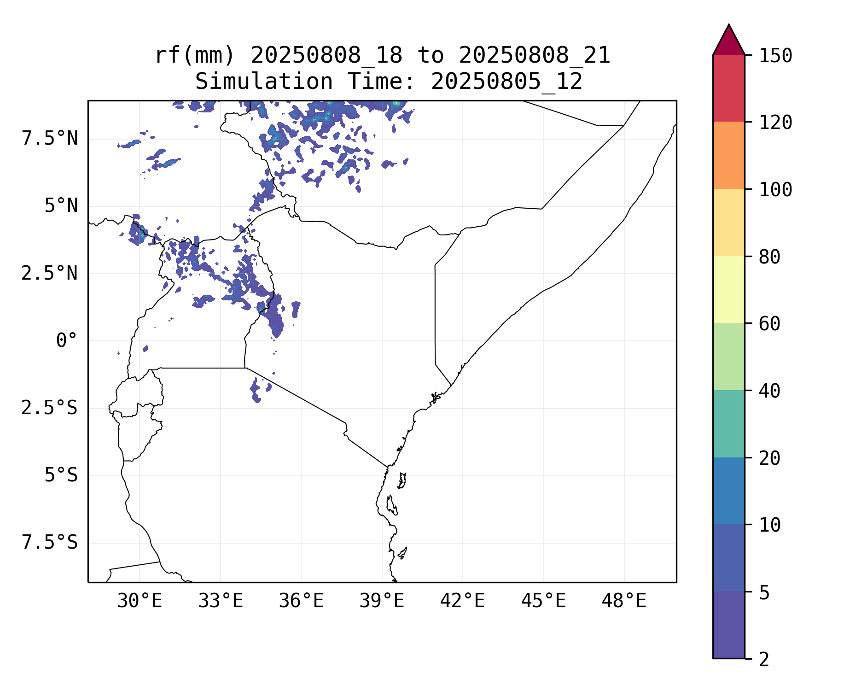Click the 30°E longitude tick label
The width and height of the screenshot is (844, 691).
140,601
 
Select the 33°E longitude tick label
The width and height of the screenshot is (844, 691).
221,601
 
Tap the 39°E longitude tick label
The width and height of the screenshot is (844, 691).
382,601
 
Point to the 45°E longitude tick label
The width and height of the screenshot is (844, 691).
543,601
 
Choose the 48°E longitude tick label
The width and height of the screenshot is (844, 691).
624,601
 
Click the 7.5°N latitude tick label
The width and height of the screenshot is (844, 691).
50,139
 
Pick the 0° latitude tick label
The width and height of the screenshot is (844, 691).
67,341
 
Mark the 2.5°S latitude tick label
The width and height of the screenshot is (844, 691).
49,408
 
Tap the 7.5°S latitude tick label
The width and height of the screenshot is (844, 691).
49,543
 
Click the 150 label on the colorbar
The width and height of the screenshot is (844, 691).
775,56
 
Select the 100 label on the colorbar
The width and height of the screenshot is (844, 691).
775,189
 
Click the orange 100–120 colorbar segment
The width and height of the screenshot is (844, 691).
728,155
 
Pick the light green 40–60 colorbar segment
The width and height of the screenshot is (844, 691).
728,357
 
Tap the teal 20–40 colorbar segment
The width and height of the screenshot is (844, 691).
728,424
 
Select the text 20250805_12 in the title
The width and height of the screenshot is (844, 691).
506,82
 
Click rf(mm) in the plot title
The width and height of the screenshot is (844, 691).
195,56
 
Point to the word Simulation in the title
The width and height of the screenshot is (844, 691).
264,82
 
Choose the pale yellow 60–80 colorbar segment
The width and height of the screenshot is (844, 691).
728,289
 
